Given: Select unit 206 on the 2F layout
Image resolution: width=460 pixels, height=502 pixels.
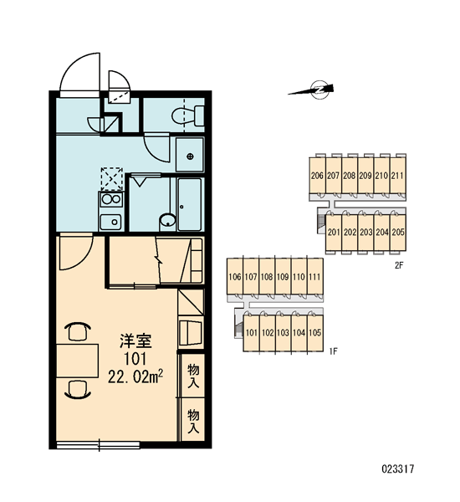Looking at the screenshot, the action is [x=317, y=176].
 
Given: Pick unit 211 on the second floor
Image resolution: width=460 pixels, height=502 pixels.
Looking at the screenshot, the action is [x=398, y=176].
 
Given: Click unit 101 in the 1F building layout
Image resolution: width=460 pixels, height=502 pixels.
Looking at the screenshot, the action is [x=251, y=333].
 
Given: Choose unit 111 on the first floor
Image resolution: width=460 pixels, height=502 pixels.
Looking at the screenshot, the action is [x=315, y=276].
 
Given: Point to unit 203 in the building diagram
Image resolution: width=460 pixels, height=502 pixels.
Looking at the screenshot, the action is [x=365, y=232].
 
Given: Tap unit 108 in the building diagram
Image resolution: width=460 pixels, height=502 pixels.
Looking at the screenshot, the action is [x=267, y=276].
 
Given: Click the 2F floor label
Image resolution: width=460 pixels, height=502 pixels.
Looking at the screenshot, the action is [x=399, y=265].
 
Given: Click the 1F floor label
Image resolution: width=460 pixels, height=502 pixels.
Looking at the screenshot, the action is [x=333, y=351].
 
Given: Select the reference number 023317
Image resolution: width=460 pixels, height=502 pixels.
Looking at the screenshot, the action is [x=398, y=469].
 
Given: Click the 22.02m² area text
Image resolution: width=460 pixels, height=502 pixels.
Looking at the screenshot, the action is [x=135, y=376].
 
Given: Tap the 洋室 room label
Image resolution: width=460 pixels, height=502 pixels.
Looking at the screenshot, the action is [x=135, y=341].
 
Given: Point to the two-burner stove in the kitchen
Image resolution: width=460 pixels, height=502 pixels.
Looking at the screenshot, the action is [x=110, y=199].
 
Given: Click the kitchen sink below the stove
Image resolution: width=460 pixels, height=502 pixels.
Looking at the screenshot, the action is [x=110, y=222].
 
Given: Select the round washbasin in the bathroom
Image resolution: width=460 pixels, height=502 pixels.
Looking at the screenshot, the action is [x=167, y=221].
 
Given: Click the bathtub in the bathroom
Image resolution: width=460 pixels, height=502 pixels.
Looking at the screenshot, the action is [x=190, y=204].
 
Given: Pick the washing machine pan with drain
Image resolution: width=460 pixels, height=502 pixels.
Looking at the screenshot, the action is [x=190, y=155].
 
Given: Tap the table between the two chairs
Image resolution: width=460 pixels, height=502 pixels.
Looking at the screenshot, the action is [x=77, y=361].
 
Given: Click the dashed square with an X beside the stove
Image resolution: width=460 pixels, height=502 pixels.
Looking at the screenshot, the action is [x=112, y=179].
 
